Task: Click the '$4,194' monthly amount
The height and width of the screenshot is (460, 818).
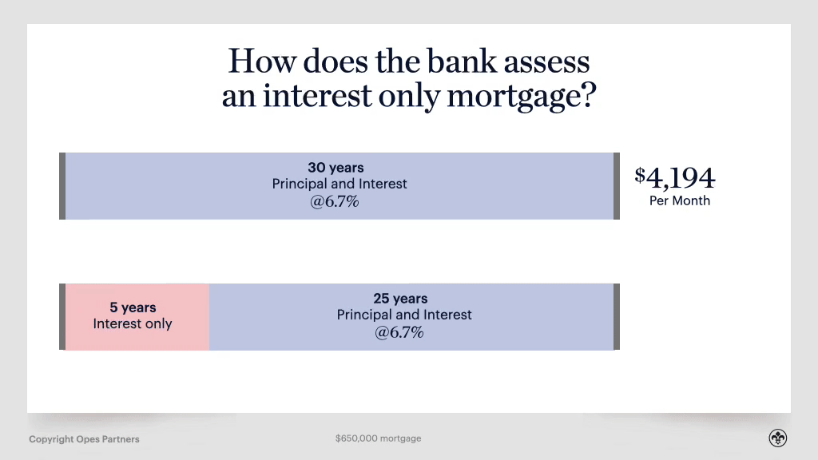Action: click(675, 177)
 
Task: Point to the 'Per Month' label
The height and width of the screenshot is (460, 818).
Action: click(679, 201)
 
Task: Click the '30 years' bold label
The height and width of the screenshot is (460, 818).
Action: click(336, 168)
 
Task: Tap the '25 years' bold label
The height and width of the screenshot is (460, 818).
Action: click(400, 299)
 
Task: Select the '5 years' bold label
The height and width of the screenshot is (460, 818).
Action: click(133, 307)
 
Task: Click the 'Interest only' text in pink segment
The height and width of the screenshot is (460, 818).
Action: click(133, 323)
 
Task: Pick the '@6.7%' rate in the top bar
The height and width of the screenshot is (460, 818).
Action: click(335, 201)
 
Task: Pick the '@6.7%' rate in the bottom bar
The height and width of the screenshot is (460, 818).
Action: click(399, 332)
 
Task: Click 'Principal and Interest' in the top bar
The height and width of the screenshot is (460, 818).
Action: click(340, 184)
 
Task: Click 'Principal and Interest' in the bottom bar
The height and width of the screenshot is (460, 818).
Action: click(404, 315)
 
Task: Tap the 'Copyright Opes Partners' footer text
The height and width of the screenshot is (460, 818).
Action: click(84, 439)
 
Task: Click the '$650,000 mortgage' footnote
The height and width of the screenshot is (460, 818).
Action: click(378, 438)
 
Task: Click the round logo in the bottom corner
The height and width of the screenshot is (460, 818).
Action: click(778, 438)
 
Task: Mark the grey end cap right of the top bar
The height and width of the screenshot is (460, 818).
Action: click(616, 185)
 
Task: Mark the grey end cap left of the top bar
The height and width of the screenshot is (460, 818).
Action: click(62, 185)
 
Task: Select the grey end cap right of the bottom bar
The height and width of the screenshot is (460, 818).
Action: click(616, 316)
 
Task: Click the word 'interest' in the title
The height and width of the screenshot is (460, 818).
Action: click(318, 97)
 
